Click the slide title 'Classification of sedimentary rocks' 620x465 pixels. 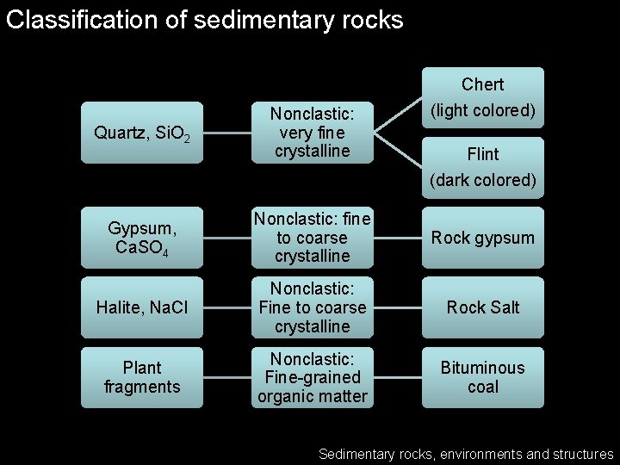204,20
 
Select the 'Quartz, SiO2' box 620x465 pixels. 142,133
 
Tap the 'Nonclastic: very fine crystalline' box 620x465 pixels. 312,133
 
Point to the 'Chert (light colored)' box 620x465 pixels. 482,97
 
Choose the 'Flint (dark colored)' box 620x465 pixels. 482,167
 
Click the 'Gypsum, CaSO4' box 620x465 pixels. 142,238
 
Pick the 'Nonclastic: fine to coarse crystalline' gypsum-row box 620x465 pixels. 312,238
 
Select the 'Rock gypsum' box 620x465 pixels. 482,238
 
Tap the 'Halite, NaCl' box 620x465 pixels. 142,307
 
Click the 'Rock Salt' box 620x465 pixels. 482,307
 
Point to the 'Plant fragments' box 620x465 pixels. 142,377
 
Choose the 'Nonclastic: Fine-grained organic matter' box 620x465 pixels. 312,377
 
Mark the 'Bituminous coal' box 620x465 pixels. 482,377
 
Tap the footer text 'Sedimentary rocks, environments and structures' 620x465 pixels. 466,454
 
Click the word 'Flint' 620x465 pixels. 482,154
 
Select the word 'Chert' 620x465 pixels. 482,84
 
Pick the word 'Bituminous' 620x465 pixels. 482,368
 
